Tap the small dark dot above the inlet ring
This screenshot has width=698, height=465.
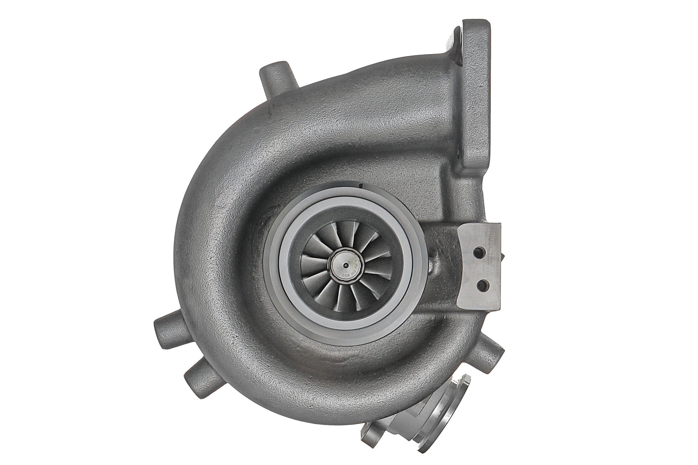(x=360, y=184)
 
